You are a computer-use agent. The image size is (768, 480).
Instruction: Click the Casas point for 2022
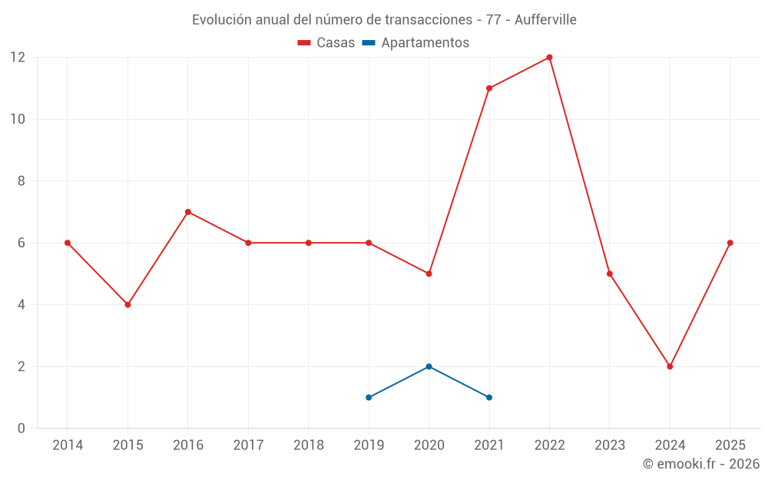tap(549, 58)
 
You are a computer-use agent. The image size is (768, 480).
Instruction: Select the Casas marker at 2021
tap(489, 88)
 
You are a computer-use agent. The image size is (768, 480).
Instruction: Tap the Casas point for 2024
tap(670, 366)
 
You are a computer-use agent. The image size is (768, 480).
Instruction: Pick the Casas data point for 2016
tap(188, 212)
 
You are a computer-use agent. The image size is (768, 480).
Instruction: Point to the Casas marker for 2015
tap(127, 305)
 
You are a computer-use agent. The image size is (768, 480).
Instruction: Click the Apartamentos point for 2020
tap(429, 366)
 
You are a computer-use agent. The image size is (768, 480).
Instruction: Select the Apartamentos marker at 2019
tap(369, 397)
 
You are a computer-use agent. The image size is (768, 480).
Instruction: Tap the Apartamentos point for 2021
tap(489, 397)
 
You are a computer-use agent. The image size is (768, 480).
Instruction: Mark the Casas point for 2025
tap(730, 243)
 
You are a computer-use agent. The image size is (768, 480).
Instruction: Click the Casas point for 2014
tap(68, 243)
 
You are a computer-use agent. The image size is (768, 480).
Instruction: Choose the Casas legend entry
tap(326, 43)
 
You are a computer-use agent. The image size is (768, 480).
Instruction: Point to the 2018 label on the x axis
tap(308, 445)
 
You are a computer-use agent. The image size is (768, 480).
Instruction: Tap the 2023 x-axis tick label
tap(610, 445)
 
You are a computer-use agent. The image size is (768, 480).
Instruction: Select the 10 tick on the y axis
tap(17, 119)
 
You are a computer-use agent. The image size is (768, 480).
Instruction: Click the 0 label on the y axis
tap(22, 428)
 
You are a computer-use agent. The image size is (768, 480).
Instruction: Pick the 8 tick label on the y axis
tap(22, 181)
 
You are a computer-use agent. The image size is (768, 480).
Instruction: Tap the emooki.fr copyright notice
tap(701, 464)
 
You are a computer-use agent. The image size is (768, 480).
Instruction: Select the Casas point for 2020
tap(429, 273)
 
